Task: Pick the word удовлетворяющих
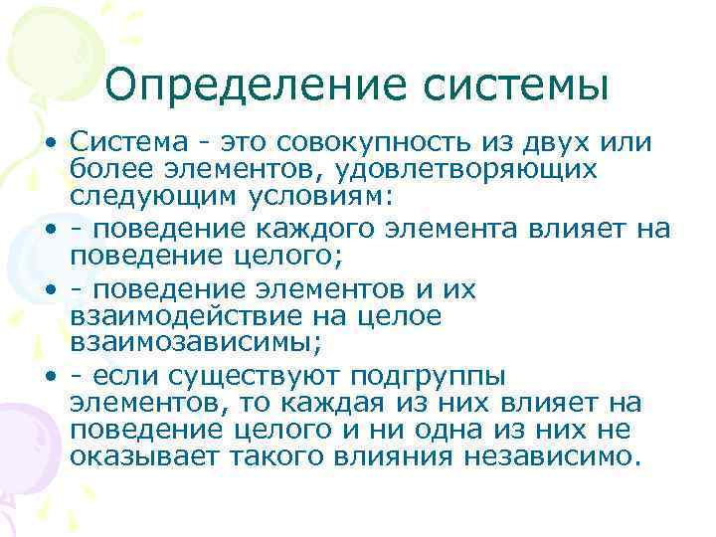(x=468, y=170)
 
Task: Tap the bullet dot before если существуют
(x=48, y=379)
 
